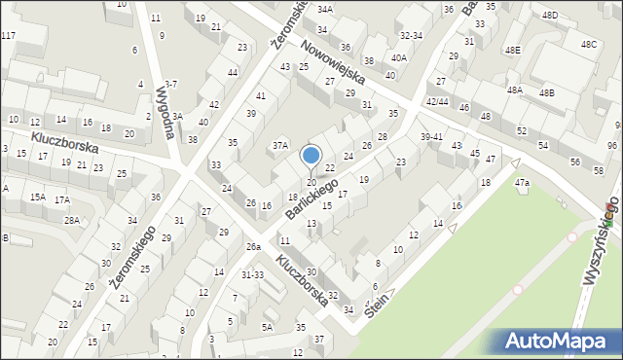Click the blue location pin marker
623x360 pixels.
(x=311, y=157)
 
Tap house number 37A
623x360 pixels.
(x=280, y=145)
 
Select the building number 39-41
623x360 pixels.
(x=431, y=137)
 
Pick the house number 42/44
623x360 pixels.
(x=436, y=101)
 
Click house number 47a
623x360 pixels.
(x=523, y=183)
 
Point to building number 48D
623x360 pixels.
(x=551, y=16)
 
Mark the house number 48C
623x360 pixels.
(x=588, y=45)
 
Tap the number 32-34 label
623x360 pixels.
(x=411, y=35)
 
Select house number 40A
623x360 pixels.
(x=399, y=58)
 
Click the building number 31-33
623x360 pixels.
(x=253, y=274)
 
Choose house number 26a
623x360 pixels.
(x=253, y=247)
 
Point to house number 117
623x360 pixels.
(x=8, y=36)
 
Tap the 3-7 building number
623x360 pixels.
(x=170, y=85)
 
